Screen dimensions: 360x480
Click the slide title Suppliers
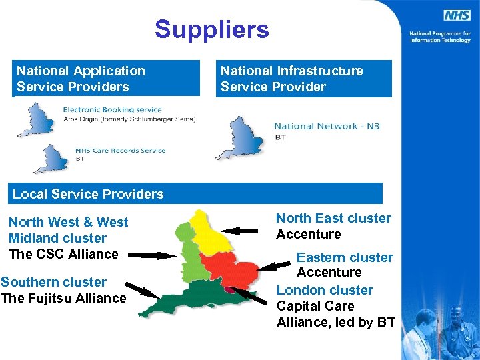click(x=212, y=29)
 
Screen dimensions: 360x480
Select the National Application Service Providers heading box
click(x=107, y=79)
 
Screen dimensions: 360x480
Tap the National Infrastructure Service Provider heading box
click(x=303, y=79)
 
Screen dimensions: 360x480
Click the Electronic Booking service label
click(x=112, y=110)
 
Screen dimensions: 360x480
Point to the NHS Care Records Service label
click(x=120, y=151)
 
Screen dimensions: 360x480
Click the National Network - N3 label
click(x=327, y=126)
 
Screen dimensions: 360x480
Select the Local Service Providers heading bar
click(x=197, y=194)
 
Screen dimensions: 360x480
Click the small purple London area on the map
click(x=229, y=289)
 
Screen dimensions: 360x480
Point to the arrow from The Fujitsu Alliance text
click(x=143, y=291)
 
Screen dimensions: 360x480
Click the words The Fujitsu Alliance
click(x=63, y=298)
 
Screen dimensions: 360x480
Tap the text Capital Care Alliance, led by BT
click(x=335, y=314)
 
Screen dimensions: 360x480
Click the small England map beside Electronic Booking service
click(x=37, y=120)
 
